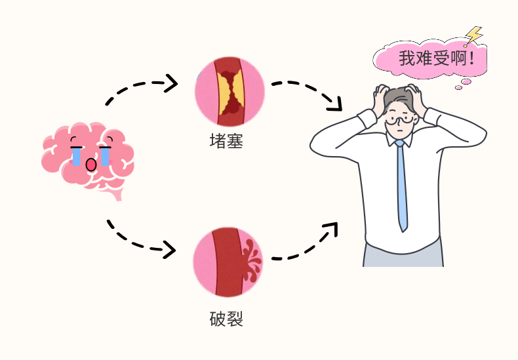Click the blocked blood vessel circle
click(x=229, y=91)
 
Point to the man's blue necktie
click(x=401, y=184)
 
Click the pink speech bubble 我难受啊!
click(x=433, y=59)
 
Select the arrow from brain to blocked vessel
click(x=141, y=89)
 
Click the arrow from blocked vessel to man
click(x=308, y=92)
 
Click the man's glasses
click(x=399, y=120)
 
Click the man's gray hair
click(x=397, y=98)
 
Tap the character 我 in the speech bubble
click(x=407, y=59)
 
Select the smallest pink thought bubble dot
click(x=458, y=87)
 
